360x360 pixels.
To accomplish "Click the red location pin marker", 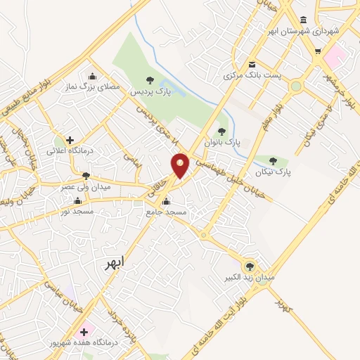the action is (x=181, y=165).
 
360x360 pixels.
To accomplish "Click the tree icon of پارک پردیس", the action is (x=149, y=80).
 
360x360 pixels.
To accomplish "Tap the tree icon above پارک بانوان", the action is (x=222, y=131).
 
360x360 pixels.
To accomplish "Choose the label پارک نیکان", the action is (x=274, y=172).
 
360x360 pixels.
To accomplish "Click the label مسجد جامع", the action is (x=167, y=212).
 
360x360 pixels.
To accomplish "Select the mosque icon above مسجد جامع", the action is (x=166, y=200).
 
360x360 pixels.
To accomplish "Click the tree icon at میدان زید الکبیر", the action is (x=250, y=265).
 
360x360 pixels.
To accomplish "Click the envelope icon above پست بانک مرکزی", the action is (x=252, y=63).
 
